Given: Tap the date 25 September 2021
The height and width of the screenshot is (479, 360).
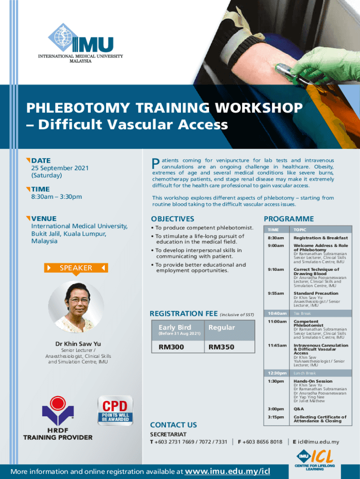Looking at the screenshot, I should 60,168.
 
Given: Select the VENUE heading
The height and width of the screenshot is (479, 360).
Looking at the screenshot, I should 44,218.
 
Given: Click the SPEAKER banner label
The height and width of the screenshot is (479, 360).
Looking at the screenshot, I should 76,268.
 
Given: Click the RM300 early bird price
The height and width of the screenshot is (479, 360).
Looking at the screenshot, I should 171,347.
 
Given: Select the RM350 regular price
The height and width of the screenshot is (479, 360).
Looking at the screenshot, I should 222,347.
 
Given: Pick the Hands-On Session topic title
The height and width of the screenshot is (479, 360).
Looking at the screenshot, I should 313,381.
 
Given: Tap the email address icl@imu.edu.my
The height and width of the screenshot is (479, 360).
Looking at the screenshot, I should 318,442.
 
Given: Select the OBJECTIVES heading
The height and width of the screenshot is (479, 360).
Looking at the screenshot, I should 173,219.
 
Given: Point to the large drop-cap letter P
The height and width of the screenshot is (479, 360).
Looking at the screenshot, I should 156,163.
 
